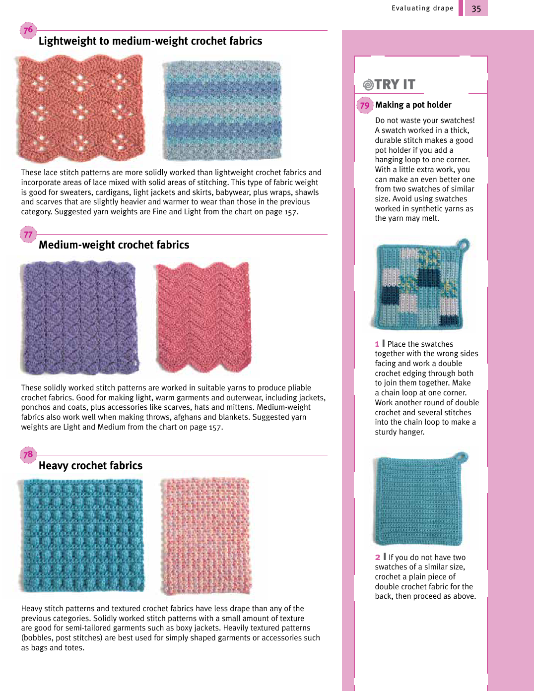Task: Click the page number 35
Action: click(x=476, y=8)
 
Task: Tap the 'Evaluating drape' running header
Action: click(x=422, y=8)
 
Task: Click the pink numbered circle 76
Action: click(x=28, y=30)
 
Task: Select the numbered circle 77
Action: click(x=28, y=235)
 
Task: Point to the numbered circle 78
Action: click(x=28, y=454)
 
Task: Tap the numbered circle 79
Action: click(x=365, y=105)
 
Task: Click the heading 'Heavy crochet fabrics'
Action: click(x=90, y=465)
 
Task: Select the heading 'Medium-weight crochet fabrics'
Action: click(x=114, y=245)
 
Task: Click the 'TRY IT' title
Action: click(x=395, y=85)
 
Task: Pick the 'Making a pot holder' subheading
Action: click(x=413, y=105)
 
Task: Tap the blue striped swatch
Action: click(x=222, y=110)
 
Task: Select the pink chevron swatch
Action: click(x=203, y=316)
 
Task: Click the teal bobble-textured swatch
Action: click(x=82, y=535)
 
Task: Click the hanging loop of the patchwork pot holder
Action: click(x=463, y=244)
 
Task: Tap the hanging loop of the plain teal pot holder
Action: click(x=461, y=456)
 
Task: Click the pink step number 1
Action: click(x=377, y=344)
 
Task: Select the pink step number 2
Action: click(x=378, y=557)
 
